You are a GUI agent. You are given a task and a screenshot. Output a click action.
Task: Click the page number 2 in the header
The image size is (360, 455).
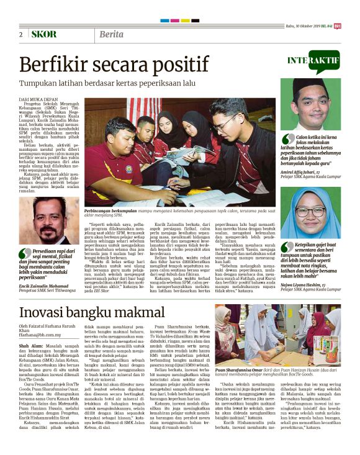(20, 34)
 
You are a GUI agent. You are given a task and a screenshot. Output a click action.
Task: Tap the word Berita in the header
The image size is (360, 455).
(110, 34)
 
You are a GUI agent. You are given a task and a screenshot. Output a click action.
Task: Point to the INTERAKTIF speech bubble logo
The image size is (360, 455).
(313, 60)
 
